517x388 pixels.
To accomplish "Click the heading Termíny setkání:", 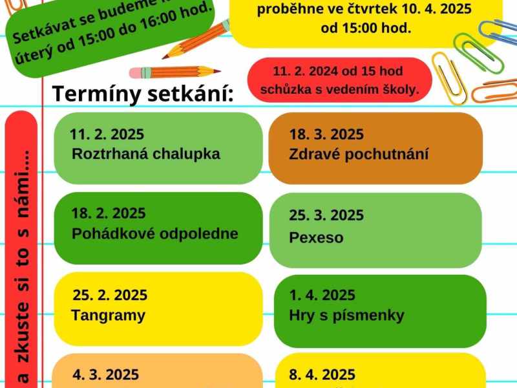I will [143, 94].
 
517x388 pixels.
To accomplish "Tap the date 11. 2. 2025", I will [107, 135].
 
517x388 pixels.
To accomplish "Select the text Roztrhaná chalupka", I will [146, 154].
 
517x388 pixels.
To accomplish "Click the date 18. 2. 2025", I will [109, 213].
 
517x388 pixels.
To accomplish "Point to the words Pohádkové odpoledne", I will [155, 233].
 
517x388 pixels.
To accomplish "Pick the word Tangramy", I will [109, 316].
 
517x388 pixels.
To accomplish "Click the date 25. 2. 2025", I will [110, 296].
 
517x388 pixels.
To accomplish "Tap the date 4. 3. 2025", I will [105, 374].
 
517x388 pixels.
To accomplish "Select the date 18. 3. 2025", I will [326, 135].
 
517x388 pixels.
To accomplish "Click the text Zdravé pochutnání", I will [359, 155].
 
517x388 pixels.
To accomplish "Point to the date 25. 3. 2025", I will [326, 215].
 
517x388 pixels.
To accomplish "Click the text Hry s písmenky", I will [346, 316].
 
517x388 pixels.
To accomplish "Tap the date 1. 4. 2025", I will [322, 296].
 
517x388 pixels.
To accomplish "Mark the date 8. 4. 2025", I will [322, 374].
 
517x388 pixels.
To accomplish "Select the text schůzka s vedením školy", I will [339, 89].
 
